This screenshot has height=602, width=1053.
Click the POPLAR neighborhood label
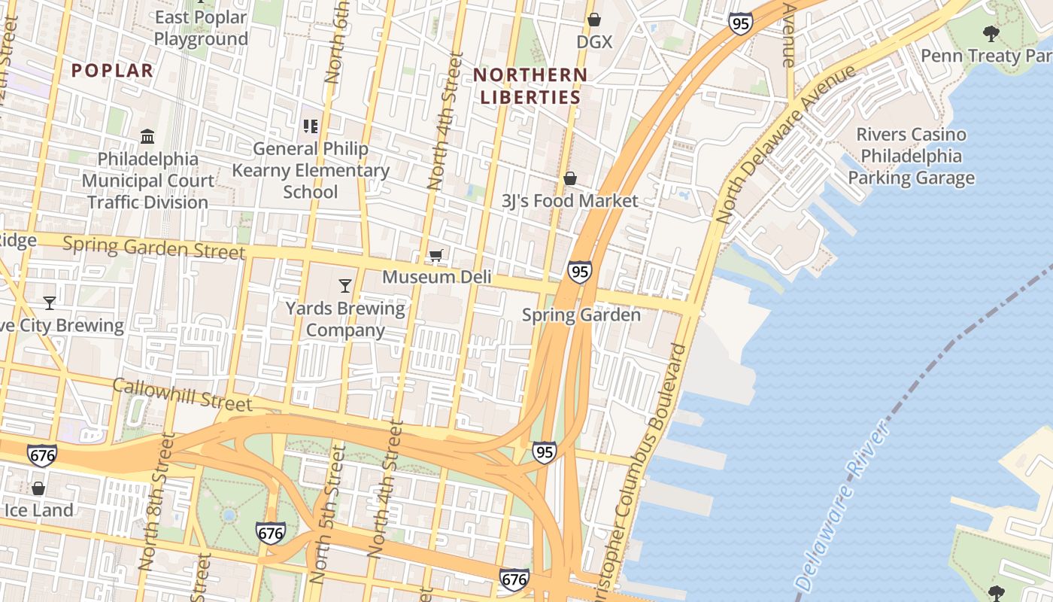[112, 71]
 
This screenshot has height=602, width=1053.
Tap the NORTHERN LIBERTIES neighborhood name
[530, 86]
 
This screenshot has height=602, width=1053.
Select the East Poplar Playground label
[200, 29]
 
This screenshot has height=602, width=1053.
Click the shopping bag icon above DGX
[594, 20]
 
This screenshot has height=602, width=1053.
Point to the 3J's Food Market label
[569, 201]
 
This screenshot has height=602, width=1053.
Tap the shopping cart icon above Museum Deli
[435, 256]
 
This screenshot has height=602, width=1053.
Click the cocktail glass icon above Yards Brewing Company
[345, 285]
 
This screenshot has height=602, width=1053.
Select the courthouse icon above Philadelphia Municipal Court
[147, 137]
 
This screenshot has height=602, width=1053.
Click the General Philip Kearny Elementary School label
[311, 170]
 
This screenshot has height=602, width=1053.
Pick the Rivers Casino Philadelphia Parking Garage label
[912, 157]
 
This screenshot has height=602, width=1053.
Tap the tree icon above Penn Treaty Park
[991, 33]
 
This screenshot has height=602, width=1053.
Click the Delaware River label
[842, 508]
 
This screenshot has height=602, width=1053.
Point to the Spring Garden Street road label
[154, 247]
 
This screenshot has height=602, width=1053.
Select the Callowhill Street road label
[182, 395]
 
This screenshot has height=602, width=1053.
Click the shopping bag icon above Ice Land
[38, 488]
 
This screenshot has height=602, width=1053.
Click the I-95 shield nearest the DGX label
[740, 23]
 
